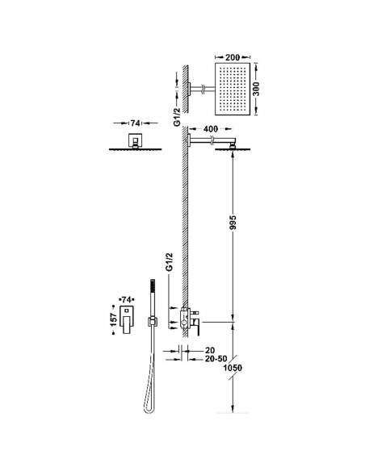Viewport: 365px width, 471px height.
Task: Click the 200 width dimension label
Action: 233,57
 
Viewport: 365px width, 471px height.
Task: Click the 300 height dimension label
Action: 256,89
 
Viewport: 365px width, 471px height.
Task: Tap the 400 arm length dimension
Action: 211,129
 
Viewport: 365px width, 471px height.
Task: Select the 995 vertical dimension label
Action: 233,223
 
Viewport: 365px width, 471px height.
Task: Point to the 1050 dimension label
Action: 233,368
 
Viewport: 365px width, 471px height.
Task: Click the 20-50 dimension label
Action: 216,359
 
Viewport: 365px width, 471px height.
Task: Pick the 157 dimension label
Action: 113,319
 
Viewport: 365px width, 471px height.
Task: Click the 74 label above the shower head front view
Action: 135,123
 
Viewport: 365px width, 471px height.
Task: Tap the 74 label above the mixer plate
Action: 127,299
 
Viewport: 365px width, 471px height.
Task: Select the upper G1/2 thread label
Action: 178,117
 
